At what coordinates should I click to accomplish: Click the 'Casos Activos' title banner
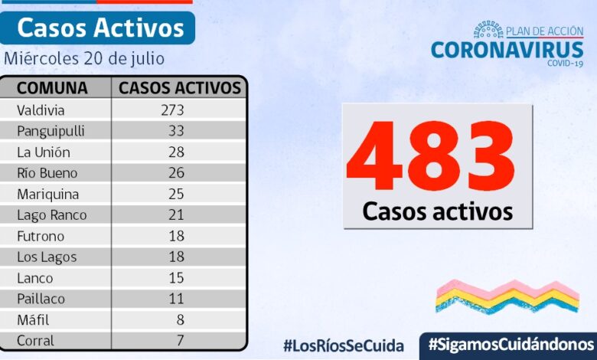100,28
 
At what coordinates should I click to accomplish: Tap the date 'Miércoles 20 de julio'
83,58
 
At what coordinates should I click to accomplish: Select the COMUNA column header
52,87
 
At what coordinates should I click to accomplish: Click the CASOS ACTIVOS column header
179,87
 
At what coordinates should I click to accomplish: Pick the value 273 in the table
172,110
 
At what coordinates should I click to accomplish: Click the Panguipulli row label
51,131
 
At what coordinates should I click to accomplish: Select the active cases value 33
177,131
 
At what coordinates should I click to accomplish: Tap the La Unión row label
44,152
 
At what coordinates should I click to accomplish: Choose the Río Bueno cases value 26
177,173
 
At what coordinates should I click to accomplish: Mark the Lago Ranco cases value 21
177,215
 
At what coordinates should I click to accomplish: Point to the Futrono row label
41,236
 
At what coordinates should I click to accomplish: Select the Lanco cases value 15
177,278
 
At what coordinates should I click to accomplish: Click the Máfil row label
32,319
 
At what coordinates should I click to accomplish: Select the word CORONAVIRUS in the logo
507,49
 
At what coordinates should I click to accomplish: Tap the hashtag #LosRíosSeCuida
343,345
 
